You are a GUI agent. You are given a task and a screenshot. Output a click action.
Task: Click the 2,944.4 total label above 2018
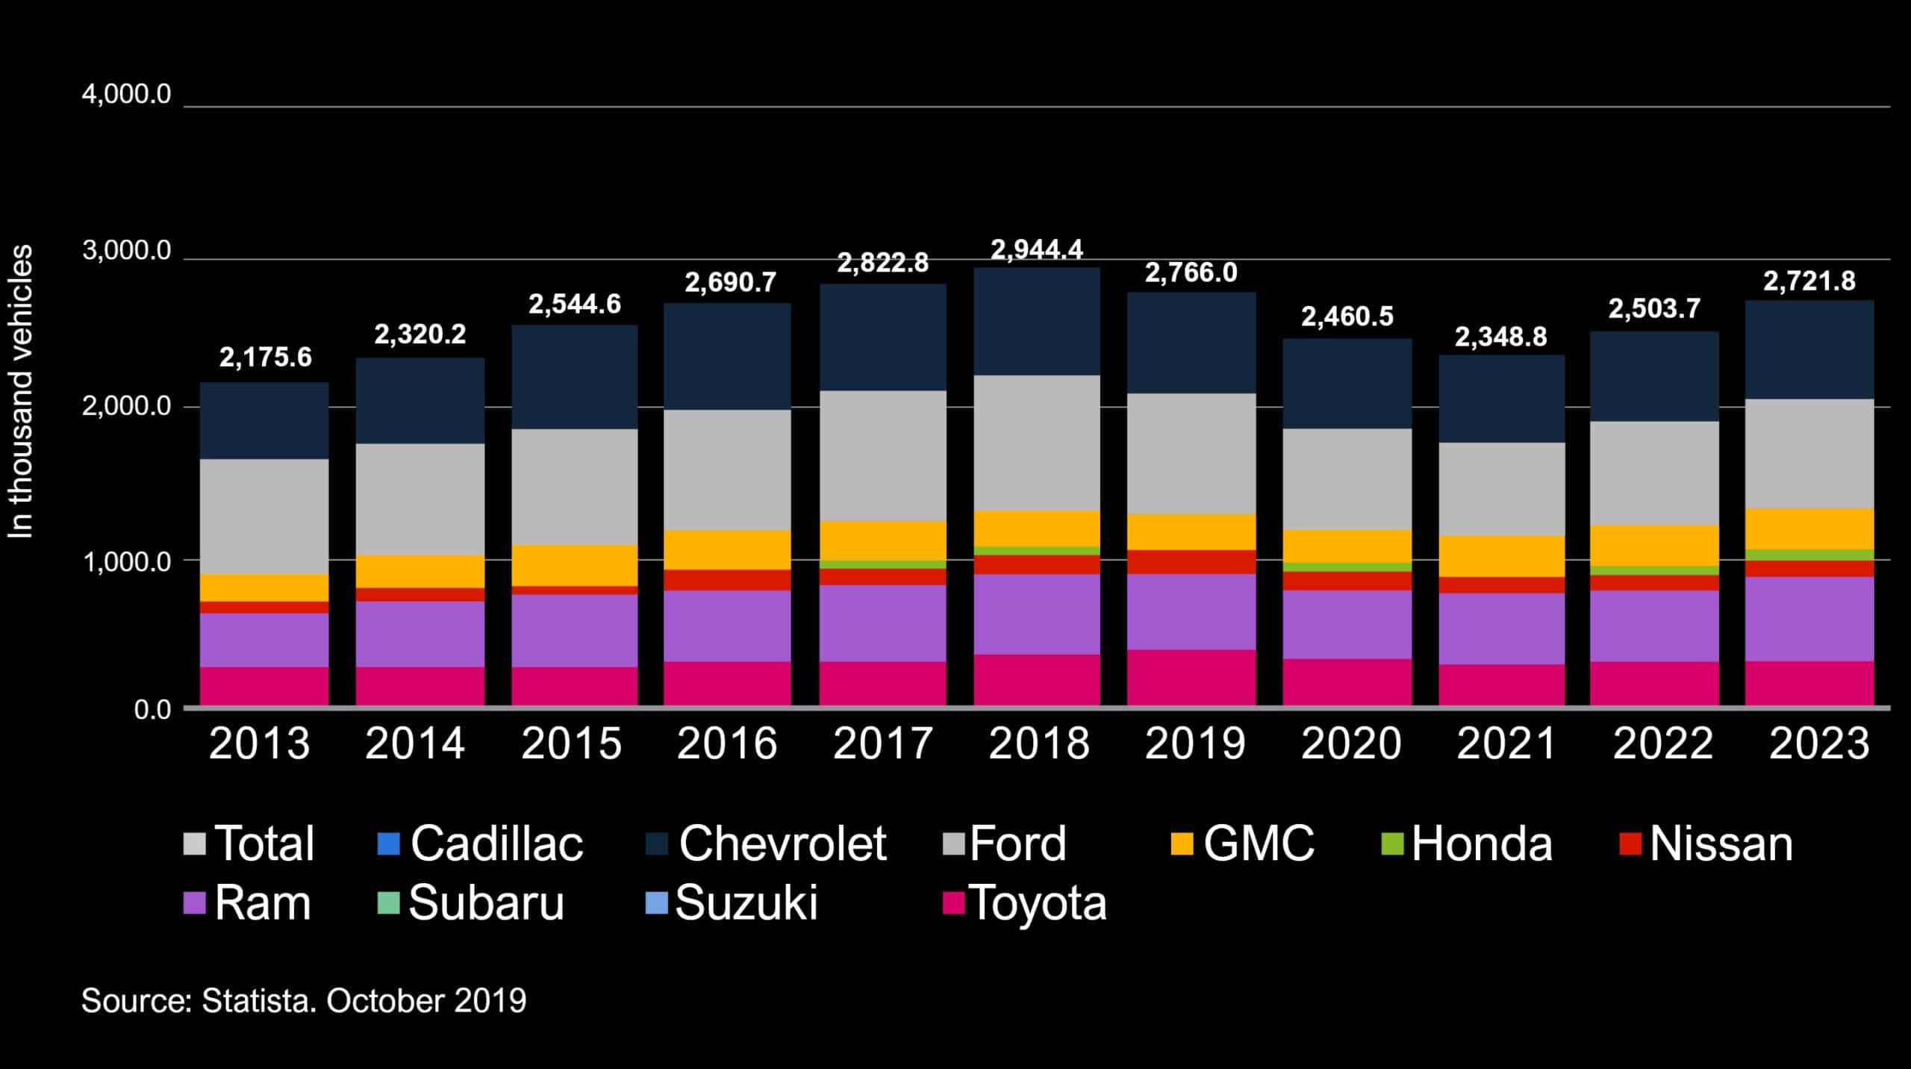tap(1036, 250)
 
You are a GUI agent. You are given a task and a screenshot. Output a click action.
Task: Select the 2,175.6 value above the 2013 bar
tap(265, 358)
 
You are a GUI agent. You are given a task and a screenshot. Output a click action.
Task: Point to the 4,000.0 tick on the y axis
tap(126, 95)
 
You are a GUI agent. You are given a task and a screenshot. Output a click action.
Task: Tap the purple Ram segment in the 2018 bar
tap(1036, 614)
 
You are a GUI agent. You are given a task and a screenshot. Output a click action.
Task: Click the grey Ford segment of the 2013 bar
tap(264, 516)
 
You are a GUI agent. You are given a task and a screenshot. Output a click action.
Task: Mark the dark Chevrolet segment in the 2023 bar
tap(1809, 349)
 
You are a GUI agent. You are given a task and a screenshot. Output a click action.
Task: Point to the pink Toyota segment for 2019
tap(1191, 677)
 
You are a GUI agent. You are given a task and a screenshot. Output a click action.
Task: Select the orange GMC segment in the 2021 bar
tap(1502, 556)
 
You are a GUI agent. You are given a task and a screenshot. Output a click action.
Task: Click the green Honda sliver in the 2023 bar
tap(1809, 555)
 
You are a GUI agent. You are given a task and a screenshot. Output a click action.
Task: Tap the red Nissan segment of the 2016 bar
tap(727, 580)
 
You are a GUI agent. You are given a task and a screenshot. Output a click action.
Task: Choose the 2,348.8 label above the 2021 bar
tap(1500, 337)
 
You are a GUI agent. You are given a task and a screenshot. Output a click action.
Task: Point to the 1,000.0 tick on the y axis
tap(126, 561)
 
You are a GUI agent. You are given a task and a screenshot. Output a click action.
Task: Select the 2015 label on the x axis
tap(571, 744)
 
